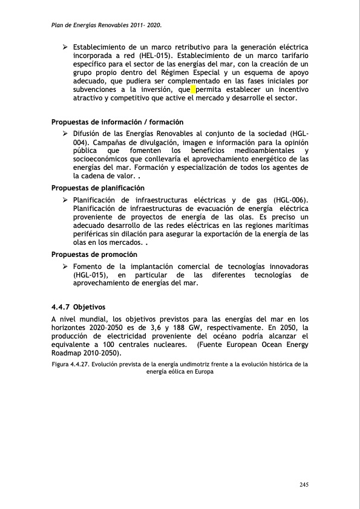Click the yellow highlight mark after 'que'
click(193, 89)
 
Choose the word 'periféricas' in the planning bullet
click(93, 233)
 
